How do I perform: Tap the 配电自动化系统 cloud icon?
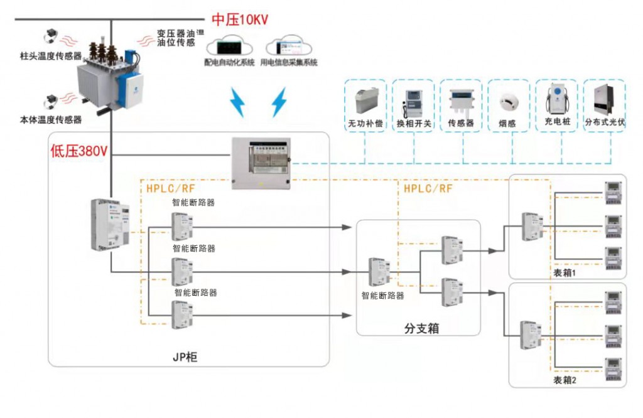(229, 48)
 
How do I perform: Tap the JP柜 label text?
(185, 357)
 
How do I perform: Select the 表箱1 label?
(565, 273)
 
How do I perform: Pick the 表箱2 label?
(565, 380)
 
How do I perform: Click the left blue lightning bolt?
(237, 103)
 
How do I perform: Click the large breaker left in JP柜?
(109, 224)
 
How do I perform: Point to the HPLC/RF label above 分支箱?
(428, 188)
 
